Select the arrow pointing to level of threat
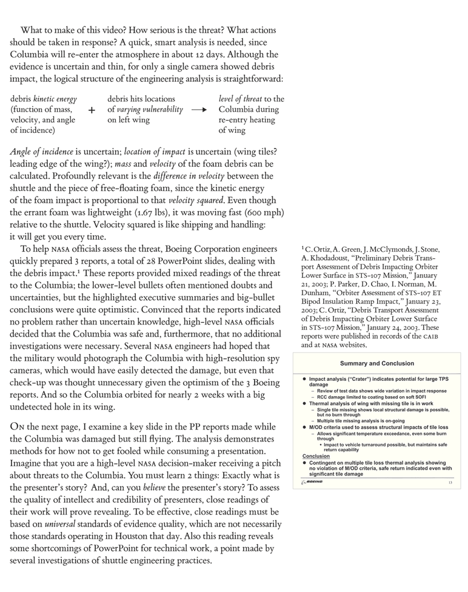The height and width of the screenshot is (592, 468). coord(199,110)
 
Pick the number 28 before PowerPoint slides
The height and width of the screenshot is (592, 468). coord(143,261)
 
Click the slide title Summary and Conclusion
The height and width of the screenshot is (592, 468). coord(377,363)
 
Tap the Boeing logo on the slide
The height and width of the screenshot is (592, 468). coord(313,482)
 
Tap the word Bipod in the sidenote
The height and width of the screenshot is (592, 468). coord(313,301)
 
